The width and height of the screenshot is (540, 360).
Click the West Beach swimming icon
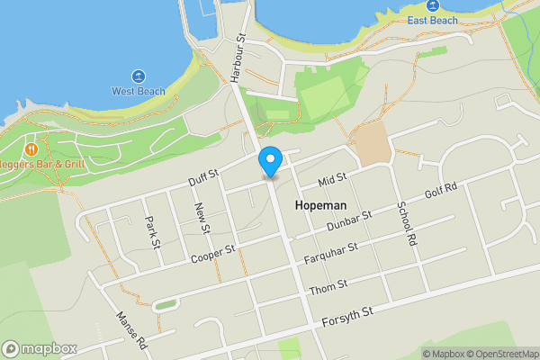point(139,76)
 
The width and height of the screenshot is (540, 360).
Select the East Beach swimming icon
point(432,6)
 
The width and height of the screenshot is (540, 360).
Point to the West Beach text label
point(138,91)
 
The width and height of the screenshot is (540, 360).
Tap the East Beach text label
point(432,20)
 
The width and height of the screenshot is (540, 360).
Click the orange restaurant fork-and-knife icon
point(31,148)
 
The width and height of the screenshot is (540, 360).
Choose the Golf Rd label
point(441,191)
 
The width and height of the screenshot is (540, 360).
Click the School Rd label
point(407,222)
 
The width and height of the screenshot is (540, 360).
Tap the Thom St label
point(323,290)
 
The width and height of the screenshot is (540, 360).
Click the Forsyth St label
point(347,315)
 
